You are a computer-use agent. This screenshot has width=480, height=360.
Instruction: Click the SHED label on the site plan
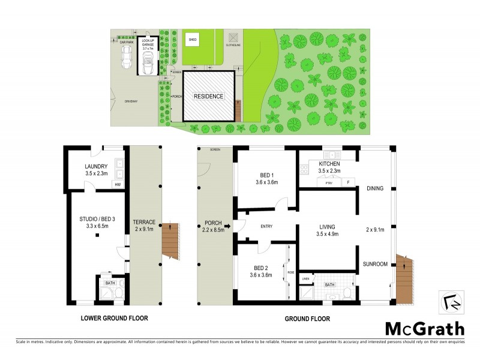(193, 40)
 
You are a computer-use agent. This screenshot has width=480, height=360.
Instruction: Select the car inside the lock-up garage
(147, 60)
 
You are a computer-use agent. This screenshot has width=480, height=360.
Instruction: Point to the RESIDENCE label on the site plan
(208, 96)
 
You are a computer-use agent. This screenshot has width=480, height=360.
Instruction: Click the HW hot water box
(118, 185)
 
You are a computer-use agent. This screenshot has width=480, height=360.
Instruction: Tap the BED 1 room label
(266, 178)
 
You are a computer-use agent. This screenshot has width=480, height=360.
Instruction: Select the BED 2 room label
(260, 272)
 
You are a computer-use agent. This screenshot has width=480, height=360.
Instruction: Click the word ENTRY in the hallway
(266, 226)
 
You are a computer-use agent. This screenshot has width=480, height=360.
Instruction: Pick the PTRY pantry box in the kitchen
(329, 182)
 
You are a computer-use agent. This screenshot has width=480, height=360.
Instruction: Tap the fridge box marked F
(347, 182)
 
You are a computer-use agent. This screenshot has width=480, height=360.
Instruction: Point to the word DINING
(375, 188)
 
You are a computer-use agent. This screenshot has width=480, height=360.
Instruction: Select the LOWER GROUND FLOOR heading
(114, 318)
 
